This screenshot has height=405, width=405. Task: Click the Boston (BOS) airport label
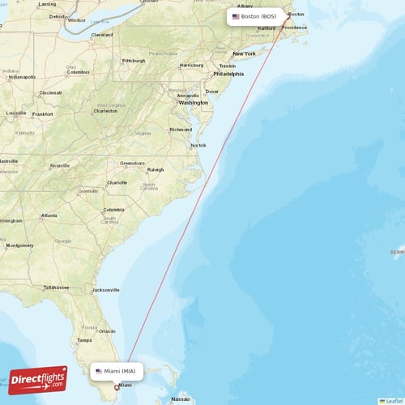pyautogui.click(x=254, y=16)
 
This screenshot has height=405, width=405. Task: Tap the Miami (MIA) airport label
pyautogui.click(x=117, y=371)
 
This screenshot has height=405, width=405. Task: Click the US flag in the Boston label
pyautogui.click(x=236, y=16)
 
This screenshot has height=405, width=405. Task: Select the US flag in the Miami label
pyautogui.click(x=99, y=371)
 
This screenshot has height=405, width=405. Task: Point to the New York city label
pyautogui.click(x=244, y=53)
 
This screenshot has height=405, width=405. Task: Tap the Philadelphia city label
pyautogui.click(x=228, y=74)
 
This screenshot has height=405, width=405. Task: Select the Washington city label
pyautogui.click(x=194, y=103)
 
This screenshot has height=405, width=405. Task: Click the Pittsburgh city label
pyautogui.click(x=134, y=61)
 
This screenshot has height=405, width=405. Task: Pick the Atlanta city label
pyautogui.click(x=49, y=215)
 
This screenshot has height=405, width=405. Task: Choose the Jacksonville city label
pyautogui.click(x=105, y=289)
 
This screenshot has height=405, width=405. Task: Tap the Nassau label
pyautogui.click(x=181, y=399)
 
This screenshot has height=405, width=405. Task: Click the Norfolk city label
pyautogui.click(x=198, y=145)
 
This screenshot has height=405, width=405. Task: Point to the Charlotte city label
pyautogui.click(x=117, y=182)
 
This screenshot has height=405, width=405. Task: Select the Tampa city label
pyautogui.click(x=83, y=339)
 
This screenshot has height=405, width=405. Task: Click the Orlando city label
pyautogui.click(x=105, y=330)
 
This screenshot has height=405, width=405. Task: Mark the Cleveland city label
pyautogui.click(x=102, y=35)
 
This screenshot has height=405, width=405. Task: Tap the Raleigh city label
pyautogui.click(x=155, y=169)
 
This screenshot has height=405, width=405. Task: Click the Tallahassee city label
pyautogui.click(x=57, y=287)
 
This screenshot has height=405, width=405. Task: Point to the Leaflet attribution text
pyautogui.click(x=394, y=400)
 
